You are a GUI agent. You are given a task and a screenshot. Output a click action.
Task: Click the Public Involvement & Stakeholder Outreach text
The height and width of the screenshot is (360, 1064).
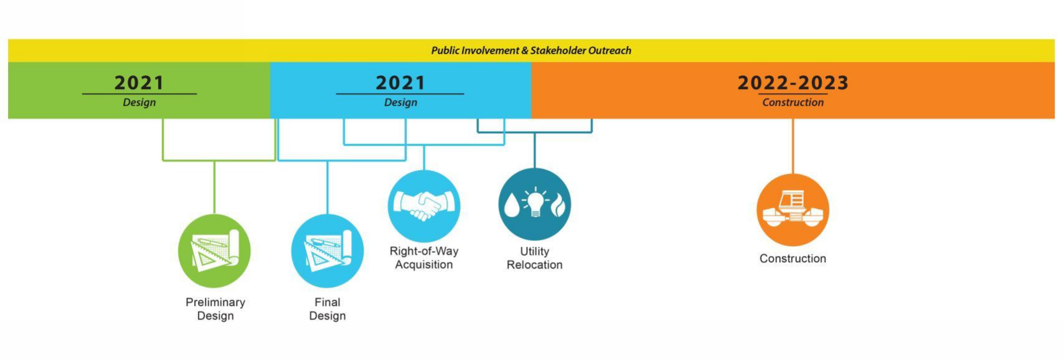pos(531,50)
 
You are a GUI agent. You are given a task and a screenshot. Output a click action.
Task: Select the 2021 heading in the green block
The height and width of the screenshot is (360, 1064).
pos(139,83)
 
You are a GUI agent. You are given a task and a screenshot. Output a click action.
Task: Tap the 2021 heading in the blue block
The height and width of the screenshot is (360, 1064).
pos(400,83)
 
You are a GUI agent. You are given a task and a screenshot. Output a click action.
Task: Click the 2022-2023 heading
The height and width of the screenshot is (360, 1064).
pos(793,83)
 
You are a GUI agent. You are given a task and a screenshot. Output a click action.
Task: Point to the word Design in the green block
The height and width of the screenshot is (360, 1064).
pos(139,102)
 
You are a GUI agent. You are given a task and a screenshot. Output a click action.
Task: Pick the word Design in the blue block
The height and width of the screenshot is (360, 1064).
pos(400,102)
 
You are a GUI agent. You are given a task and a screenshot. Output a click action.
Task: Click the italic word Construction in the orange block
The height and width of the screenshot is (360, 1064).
pos(793,102)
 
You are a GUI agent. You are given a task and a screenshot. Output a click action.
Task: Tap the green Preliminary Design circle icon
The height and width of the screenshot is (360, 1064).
pos(214,251)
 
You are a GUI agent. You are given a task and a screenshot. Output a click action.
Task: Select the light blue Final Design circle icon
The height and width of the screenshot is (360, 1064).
pos(327,251)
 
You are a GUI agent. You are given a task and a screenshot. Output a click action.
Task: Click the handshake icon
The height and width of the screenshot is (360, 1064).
pos(424,206)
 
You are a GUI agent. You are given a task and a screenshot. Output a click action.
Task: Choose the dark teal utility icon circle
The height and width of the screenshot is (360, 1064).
pos(534,204)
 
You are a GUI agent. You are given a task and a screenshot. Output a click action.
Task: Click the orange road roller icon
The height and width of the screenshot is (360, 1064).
pos(793,210)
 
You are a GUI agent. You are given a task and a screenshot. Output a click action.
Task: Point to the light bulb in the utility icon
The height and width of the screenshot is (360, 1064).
pos(535,202)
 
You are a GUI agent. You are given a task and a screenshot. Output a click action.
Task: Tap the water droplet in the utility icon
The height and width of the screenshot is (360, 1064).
pos(512,205)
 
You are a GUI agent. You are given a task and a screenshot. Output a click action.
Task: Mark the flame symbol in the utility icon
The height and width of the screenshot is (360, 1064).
pos(558,205)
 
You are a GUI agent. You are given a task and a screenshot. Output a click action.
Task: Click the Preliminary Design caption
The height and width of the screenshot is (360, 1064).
pos(215,309)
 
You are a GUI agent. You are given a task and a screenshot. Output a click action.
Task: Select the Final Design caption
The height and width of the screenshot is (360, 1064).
pos(327,309)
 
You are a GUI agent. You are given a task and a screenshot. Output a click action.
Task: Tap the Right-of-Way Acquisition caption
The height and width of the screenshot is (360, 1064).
pos(424,258)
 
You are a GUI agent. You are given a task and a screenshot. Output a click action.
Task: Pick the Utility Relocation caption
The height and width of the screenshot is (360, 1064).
pos(534,258)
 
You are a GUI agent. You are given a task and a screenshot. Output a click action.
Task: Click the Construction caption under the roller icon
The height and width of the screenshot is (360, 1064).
pos(793,258)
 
